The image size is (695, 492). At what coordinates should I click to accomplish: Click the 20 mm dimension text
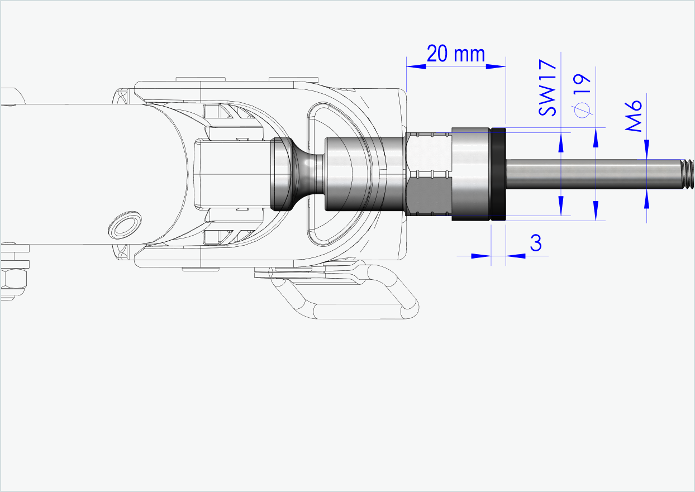tap(455, 54)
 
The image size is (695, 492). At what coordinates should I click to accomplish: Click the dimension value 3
tap(536, 243)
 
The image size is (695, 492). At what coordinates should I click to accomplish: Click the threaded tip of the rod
tap(687, 174)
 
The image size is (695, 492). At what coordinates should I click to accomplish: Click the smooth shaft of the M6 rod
tap(592, 174)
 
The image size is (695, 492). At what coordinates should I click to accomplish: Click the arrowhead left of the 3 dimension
tap(480, 256)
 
